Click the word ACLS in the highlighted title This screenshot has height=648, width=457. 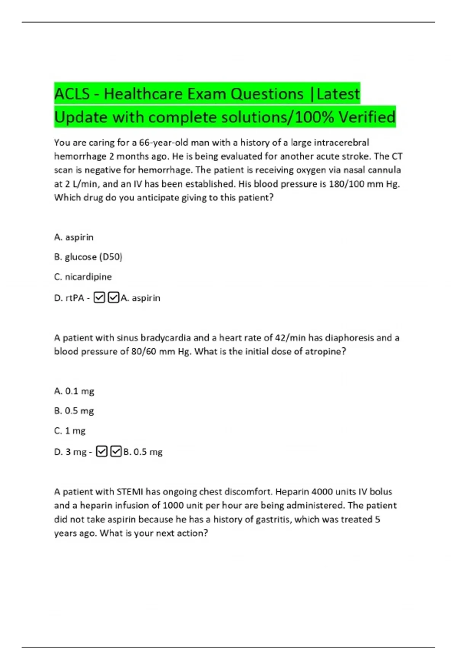(72, 94)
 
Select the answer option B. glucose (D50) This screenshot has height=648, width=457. (88, 257)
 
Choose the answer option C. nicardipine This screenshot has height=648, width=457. (83, 277)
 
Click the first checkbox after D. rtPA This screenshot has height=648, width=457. (99, 297)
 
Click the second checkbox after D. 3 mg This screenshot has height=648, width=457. (116, 451)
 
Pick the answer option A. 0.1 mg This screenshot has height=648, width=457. (74, 391)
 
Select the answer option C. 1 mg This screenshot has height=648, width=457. (70, 431)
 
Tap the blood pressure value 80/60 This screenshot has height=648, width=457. (144, 351)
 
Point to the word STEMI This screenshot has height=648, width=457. (130, 492)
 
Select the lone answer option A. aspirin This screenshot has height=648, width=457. (74, 237)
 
